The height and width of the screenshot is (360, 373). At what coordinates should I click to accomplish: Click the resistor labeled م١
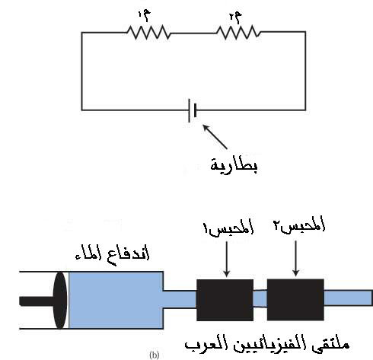coord(148,33)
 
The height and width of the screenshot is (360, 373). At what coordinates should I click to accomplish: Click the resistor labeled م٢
coord(238,32)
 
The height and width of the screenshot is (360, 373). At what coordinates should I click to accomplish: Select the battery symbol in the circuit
coord(193,110)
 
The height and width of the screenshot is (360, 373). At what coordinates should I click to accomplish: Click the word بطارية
coord(234,165)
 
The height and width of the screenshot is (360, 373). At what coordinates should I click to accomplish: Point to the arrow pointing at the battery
coord(215,137)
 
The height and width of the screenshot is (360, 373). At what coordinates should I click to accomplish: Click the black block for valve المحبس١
coord(225,300)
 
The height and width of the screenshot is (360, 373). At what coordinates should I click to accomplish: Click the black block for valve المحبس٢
coord(295,300)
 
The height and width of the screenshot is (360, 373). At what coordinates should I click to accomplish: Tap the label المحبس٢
coord(299,225)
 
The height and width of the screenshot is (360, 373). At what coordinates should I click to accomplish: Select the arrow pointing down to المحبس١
coord(227,259)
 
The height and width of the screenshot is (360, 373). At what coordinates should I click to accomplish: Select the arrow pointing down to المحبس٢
coord(295,258)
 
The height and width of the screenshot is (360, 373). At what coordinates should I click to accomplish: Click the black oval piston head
coord(60,301)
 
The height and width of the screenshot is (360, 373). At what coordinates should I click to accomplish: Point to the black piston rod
coord(37,301)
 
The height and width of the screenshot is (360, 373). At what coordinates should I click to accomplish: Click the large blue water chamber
coord(116,300)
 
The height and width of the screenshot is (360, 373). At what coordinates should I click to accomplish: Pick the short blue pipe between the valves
coord(260,299)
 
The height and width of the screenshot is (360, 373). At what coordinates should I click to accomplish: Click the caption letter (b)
coord(155,355)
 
